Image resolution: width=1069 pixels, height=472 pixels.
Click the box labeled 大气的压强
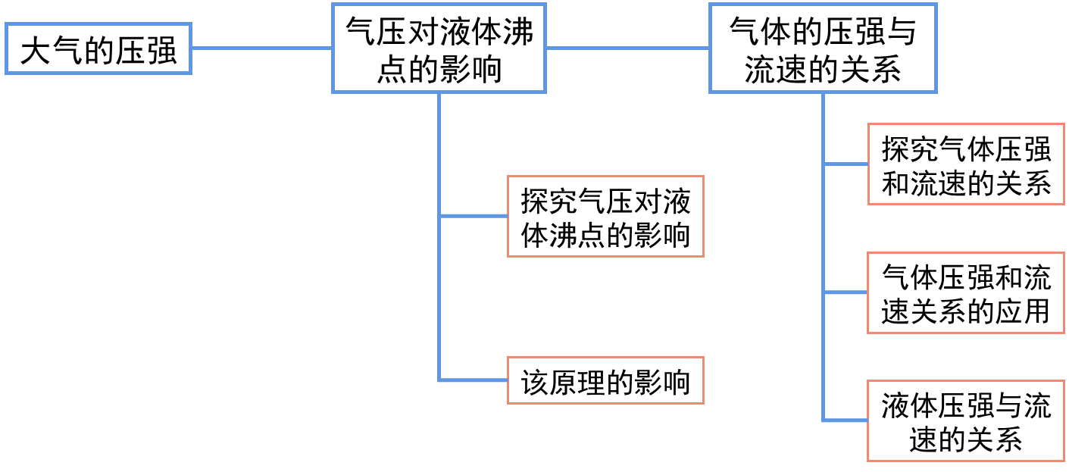pos(98,48)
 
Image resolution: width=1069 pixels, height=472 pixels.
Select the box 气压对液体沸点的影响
pos(439,48)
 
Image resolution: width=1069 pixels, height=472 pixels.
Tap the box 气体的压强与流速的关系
pos(823,48)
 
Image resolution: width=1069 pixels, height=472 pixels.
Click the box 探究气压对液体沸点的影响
pos(605,217)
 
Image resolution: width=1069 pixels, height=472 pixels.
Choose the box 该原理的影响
pos(605,380)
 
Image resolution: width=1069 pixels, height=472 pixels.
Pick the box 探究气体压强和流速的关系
pos(966,164)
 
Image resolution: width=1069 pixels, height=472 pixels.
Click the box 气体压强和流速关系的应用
pos(966,292)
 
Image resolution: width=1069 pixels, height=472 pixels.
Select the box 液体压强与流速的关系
pos(966,420)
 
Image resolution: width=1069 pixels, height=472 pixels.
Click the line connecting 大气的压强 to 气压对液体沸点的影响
pos(261,48)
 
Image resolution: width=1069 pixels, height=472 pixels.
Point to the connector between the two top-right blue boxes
pos(627,48)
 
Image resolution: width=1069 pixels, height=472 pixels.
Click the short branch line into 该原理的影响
pos(474,380)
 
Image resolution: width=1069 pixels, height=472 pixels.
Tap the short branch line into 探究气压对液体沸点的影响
pos(474,217)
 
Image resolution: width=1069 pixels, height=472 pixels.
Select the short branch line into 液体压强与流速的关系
pos(846,420)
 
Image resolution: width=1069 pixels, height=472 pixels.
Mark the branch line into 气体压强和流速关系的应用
pos(846,292)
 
